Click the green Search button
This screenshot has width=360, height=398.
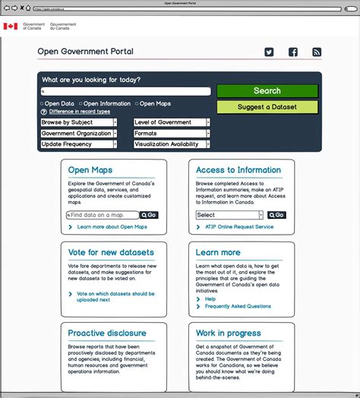(x=267, y=91)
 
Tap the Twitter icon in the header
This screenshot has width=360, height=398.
(x=269, y=52)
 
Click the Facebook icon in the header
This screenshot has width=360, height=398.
(x=293, y=52)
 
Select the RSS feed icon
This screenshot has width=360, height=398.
(x=317, y=52)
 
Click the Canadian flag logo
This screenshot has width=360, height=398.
(x=10, y=26)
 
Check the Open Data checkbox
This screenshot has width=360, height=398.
(x=42, y=103)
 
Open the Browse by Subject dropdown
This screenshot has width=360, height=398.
(x=79, y=122)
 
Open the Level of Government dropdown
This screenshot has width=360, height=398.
(x=172, y=122)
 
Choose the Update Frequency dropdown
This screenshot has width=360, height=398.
(x=79, y=144)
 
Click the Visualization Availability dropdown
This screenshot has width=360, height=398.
(x=172, y=144)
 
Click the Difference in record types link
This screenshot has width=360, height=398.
(x=80, y=112)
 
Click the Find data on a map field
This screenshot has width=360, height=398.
(x=103, y=215)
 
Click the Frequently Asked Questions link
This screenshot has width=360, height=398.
(x=238, y=307)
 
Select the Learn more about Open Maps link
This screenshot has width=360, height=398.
(x=112, y=227)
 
